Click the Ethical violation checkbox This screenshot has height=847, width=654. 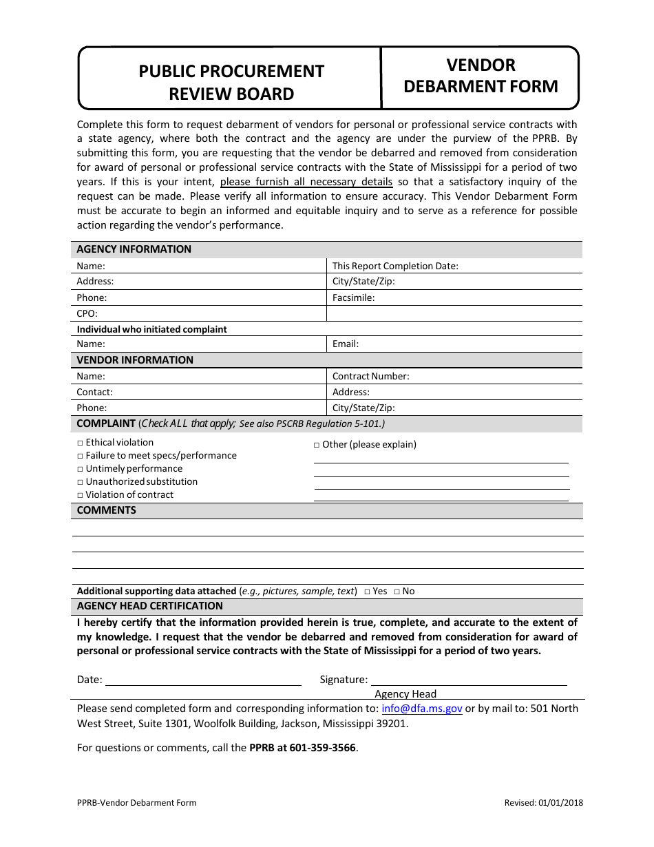[80, 443]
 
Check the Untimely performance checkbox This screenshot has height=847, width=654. [80, 469]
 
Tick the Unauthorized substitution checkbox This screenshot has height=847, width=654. [80, 482]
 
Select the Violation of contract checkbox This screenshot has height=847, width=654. [80, 495]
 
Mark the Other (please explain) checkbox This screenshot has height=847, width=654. [317, 445]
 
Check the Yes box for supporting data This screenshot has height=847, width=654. [367, 592]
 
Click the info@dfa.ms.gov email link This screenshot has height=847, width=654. [421, 709]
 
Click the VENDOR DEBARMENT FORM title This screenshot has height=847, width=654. [481, 76]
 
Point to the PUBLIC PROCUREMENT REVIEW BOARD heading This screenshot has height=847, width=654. [231, 83]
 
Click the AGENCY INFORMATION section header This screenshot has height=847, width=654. [134, 249]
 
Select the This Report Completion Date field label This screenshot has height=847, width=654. [395, 266]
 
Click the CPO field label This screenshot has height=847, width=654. [87, 313]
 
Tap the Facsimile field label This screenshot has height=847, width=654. [353, 298]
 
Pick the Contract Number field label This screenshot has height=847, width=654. [370, 377]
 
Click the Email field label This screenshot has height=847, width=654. [346, 344]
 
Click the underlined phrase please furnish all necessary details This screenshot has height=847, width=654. [306, 182]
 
